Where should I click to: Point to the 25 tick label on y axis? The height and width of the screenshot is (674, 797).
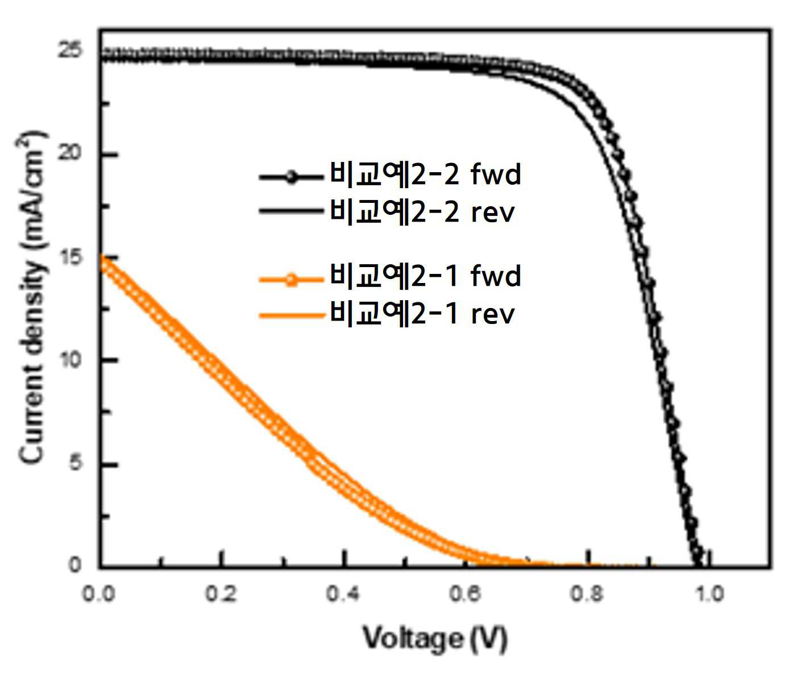tap(70, 49)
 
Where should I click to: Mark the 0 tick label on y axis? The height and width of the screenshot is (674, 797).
tap(75, 564)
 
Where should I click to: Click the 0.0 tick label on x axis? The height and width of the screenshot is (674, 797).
tap(99, 594)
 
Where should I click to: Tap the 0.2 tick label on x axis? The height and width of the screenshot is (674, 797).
tap(221, 594)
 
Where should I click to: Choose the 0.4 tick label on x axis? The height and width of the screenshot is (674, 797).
tap(343, 594)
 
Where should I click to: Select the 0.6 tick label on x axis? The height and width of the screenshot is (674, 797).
tap(465, 594)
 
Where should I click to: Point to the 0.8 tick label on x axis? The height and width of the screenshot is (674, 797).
tap(587, 594)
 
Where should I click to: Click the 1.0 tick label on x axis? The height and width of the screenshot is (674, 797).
tap(709, 594)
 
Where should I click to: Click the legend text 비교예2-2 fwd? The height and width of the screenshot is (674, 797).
tap(425, 174)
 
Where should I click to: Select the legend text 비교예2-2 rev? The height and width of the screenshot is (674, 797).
tap(422, 211)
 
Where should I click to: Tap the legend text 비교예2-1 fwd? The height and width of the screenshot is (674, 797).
tap(425, 276)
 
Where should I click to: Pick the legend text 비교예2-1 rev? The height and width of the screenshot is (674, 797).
tap(422, 314)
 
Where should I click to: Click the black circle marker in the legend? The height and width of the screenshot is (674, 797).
tap(292, 177)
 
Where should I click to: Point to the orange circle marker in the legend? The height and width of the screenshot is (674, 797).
tap(292, 280)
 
